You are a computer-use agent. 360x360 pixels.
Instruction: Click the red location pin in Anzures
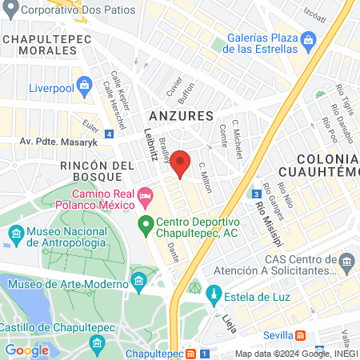coord(181,162)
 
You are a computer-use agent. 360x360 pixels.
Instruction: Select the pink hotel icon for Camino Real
coord(145,195)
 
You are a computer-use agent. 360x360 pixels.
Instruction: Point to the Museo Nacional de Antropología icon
coord(16,234)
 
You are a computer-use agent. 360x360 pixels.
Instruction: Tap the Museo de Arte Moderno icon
coord(138,281)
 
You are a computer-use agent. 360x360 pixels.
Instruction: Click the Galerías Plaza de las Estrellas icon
coord(308,39)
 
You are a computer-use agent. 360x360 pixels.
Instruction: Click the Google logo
coord(26,350)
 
